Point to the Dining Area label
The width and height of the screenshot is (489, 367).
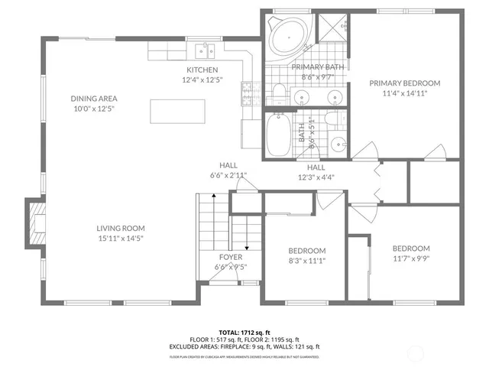pos(94,99)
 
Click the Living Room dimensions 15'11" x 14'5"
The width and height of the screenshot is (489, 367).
pos(120,239)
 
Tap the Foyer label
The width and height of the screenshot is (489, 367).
pos(231,258)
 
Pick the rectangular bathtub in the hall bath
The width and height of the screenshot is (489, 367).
pos(278,136)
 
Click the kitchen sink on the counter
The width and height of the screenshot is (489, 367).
pos(205,51)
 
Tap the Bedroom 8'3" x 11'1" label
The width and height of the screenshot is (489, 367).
pos(306,251)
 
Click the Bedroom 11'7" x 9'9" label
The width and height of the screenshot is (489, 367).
pos(411,248)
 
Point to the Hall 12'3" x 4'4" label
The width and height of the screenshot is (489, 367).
pos(316,168)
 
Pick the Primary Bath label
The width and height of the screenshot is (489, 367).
pos(318,67)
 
